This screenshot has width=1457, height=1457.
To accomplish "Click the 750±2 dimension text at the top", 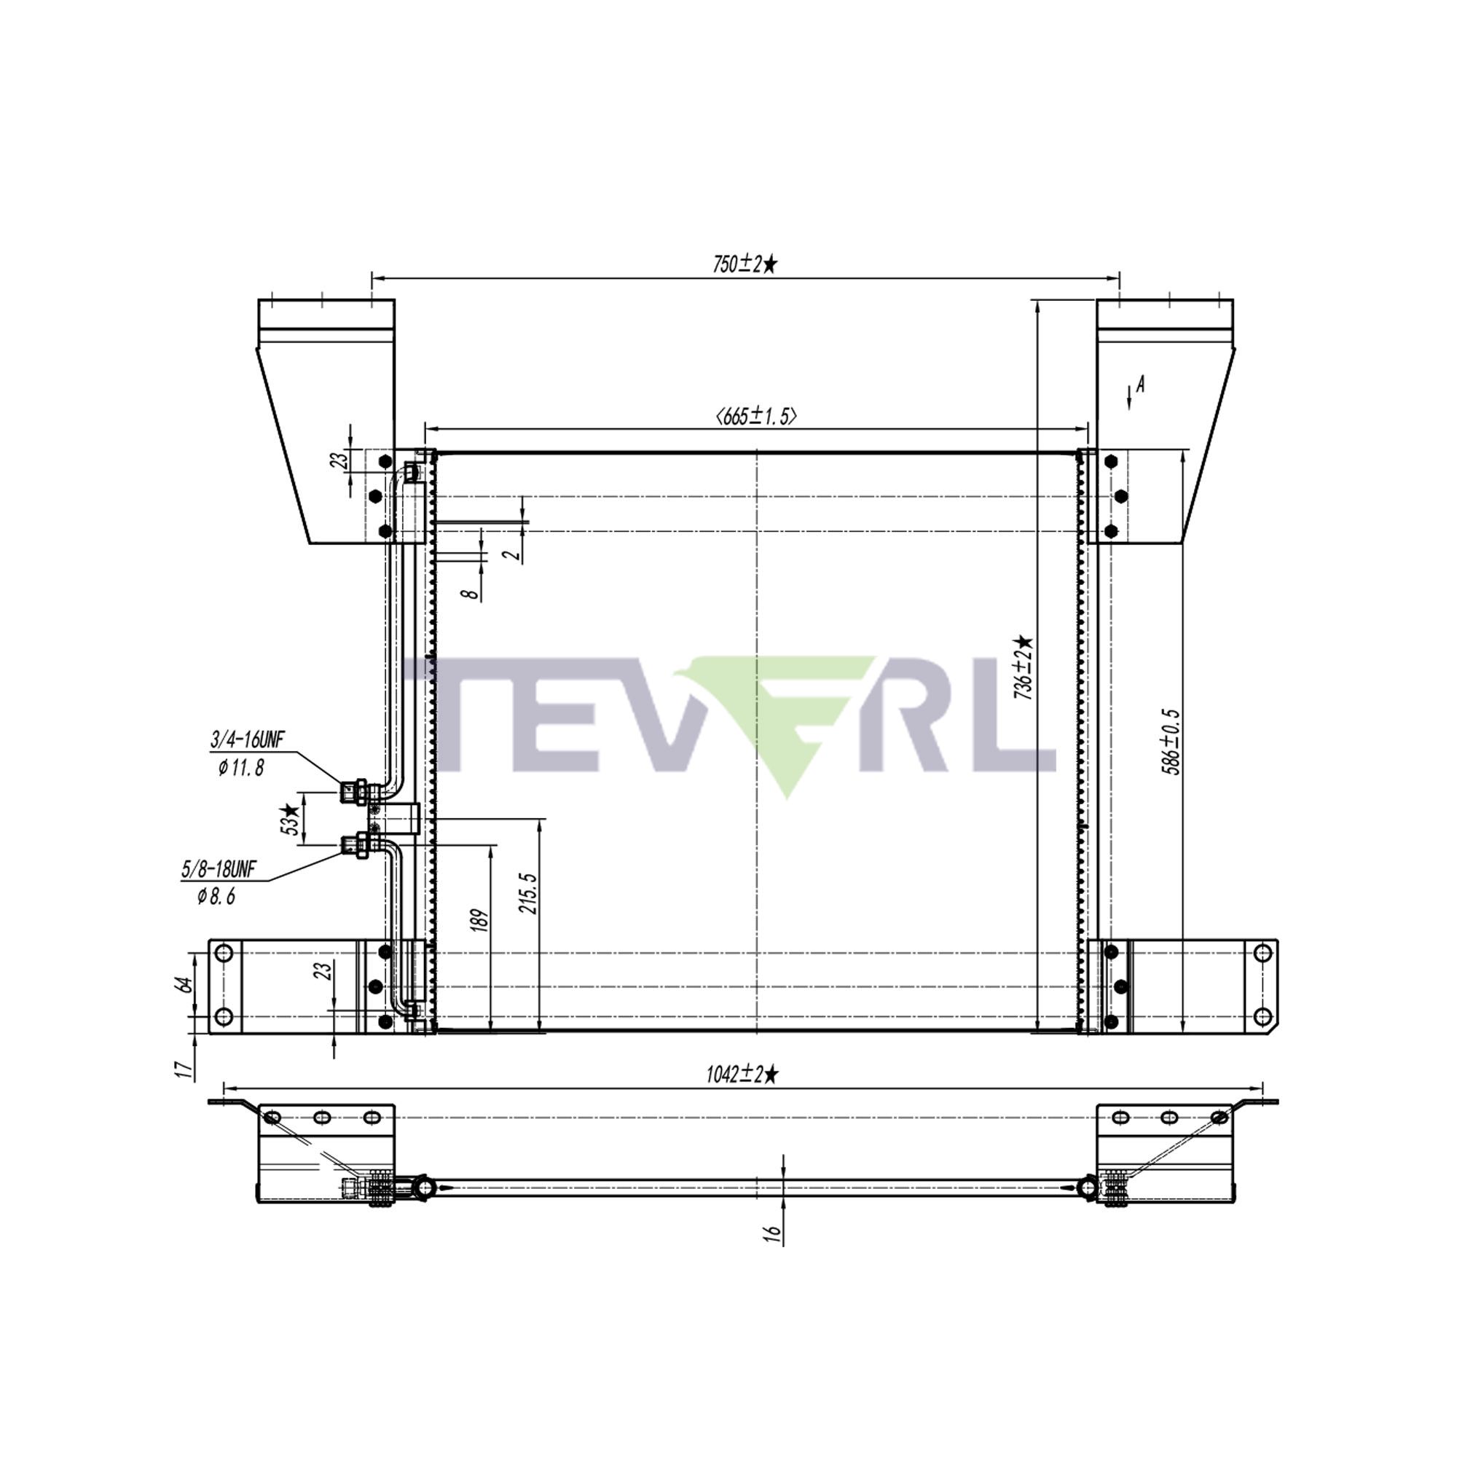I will (x=745, y=264).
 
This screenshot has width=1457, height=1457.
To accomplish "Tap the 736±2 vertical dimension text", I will (x=1024, y=667).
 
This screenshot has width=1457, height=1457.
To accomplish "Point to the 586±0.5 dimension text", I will (x=1171, y=742).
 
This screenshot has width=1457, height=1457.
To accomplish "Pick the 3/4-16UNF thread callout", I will (x=248, y=741).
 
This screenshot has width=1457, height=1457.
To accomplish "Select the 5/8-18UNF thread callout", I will (x=219, y=870).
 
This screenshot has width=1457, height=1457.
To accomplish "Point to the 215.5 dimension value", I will (x=528, y=894).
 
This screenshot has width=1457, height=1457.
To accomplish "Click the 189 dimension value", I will (x=479, y=921).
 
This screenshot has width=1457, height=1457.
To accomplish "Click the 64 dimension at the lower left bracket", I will (x=184, y=983).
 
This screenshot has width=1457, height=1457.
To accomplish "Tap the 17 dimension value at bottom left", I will (x=181, y=1069).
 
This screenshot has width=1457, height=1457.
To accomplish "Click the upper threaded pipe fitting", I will (x=354, y=792).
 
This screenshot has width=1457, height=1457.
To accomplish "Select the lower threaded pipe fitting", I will (x=354, y=844).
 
